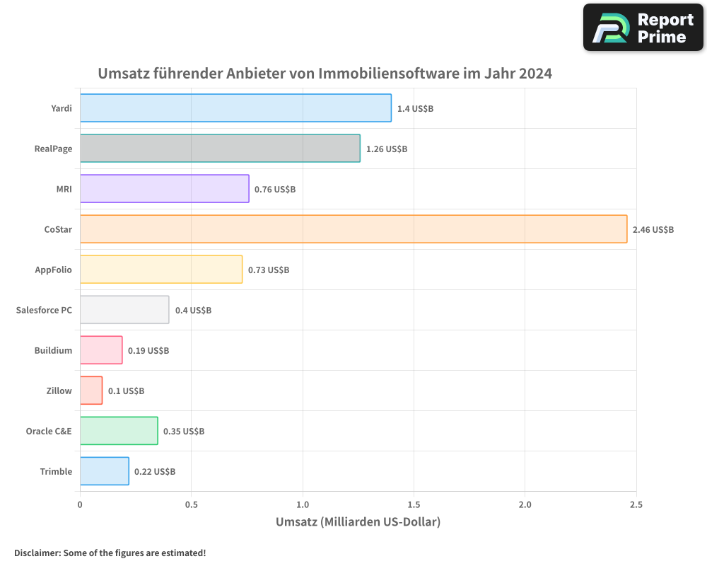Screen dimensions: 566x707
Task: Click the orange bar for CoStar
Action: [353, 229]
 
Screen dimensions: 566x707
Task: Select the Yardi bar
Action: [235, 108]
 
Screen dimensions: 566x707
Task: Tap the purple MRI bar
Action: [164, 189]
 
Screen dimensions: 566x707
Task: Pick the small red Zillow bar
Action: [91, 391]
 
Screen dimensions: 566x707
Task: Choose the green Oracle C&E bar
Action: [119, 431]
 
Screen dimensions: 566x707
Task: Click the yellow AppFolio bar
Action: [161, 270]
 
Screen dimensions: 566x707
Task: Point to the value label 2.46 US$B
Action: [653, 230]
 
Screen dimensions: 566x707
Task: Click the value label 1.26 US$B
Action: [387, 149]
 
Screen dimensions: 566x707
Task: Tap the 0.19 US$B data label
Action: [148, 351]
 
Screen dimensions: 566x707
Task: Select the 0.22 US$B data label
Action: [155, 472]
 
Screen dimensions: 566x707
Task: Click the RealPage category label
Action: [53, 149]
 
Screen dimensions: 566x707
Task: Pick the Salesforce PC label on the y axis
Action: [44, 310]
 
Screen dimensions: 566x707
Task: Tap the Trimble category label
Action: [56, 472]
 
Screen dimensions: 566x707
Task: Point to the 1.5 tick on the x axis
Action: [414, 504]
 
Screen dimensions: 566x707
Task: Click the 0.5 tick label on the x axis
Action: [191, 504]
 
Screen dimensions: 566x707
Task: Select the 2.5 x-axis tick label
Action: [636, 504]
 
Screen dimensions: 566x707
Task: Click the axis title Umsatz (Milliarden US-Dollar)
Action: [358, 522]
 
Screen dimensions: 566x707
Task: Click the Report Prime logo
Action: [643, 28]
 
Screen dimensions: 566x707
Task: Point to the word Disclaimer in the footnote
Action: [37, 553]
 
